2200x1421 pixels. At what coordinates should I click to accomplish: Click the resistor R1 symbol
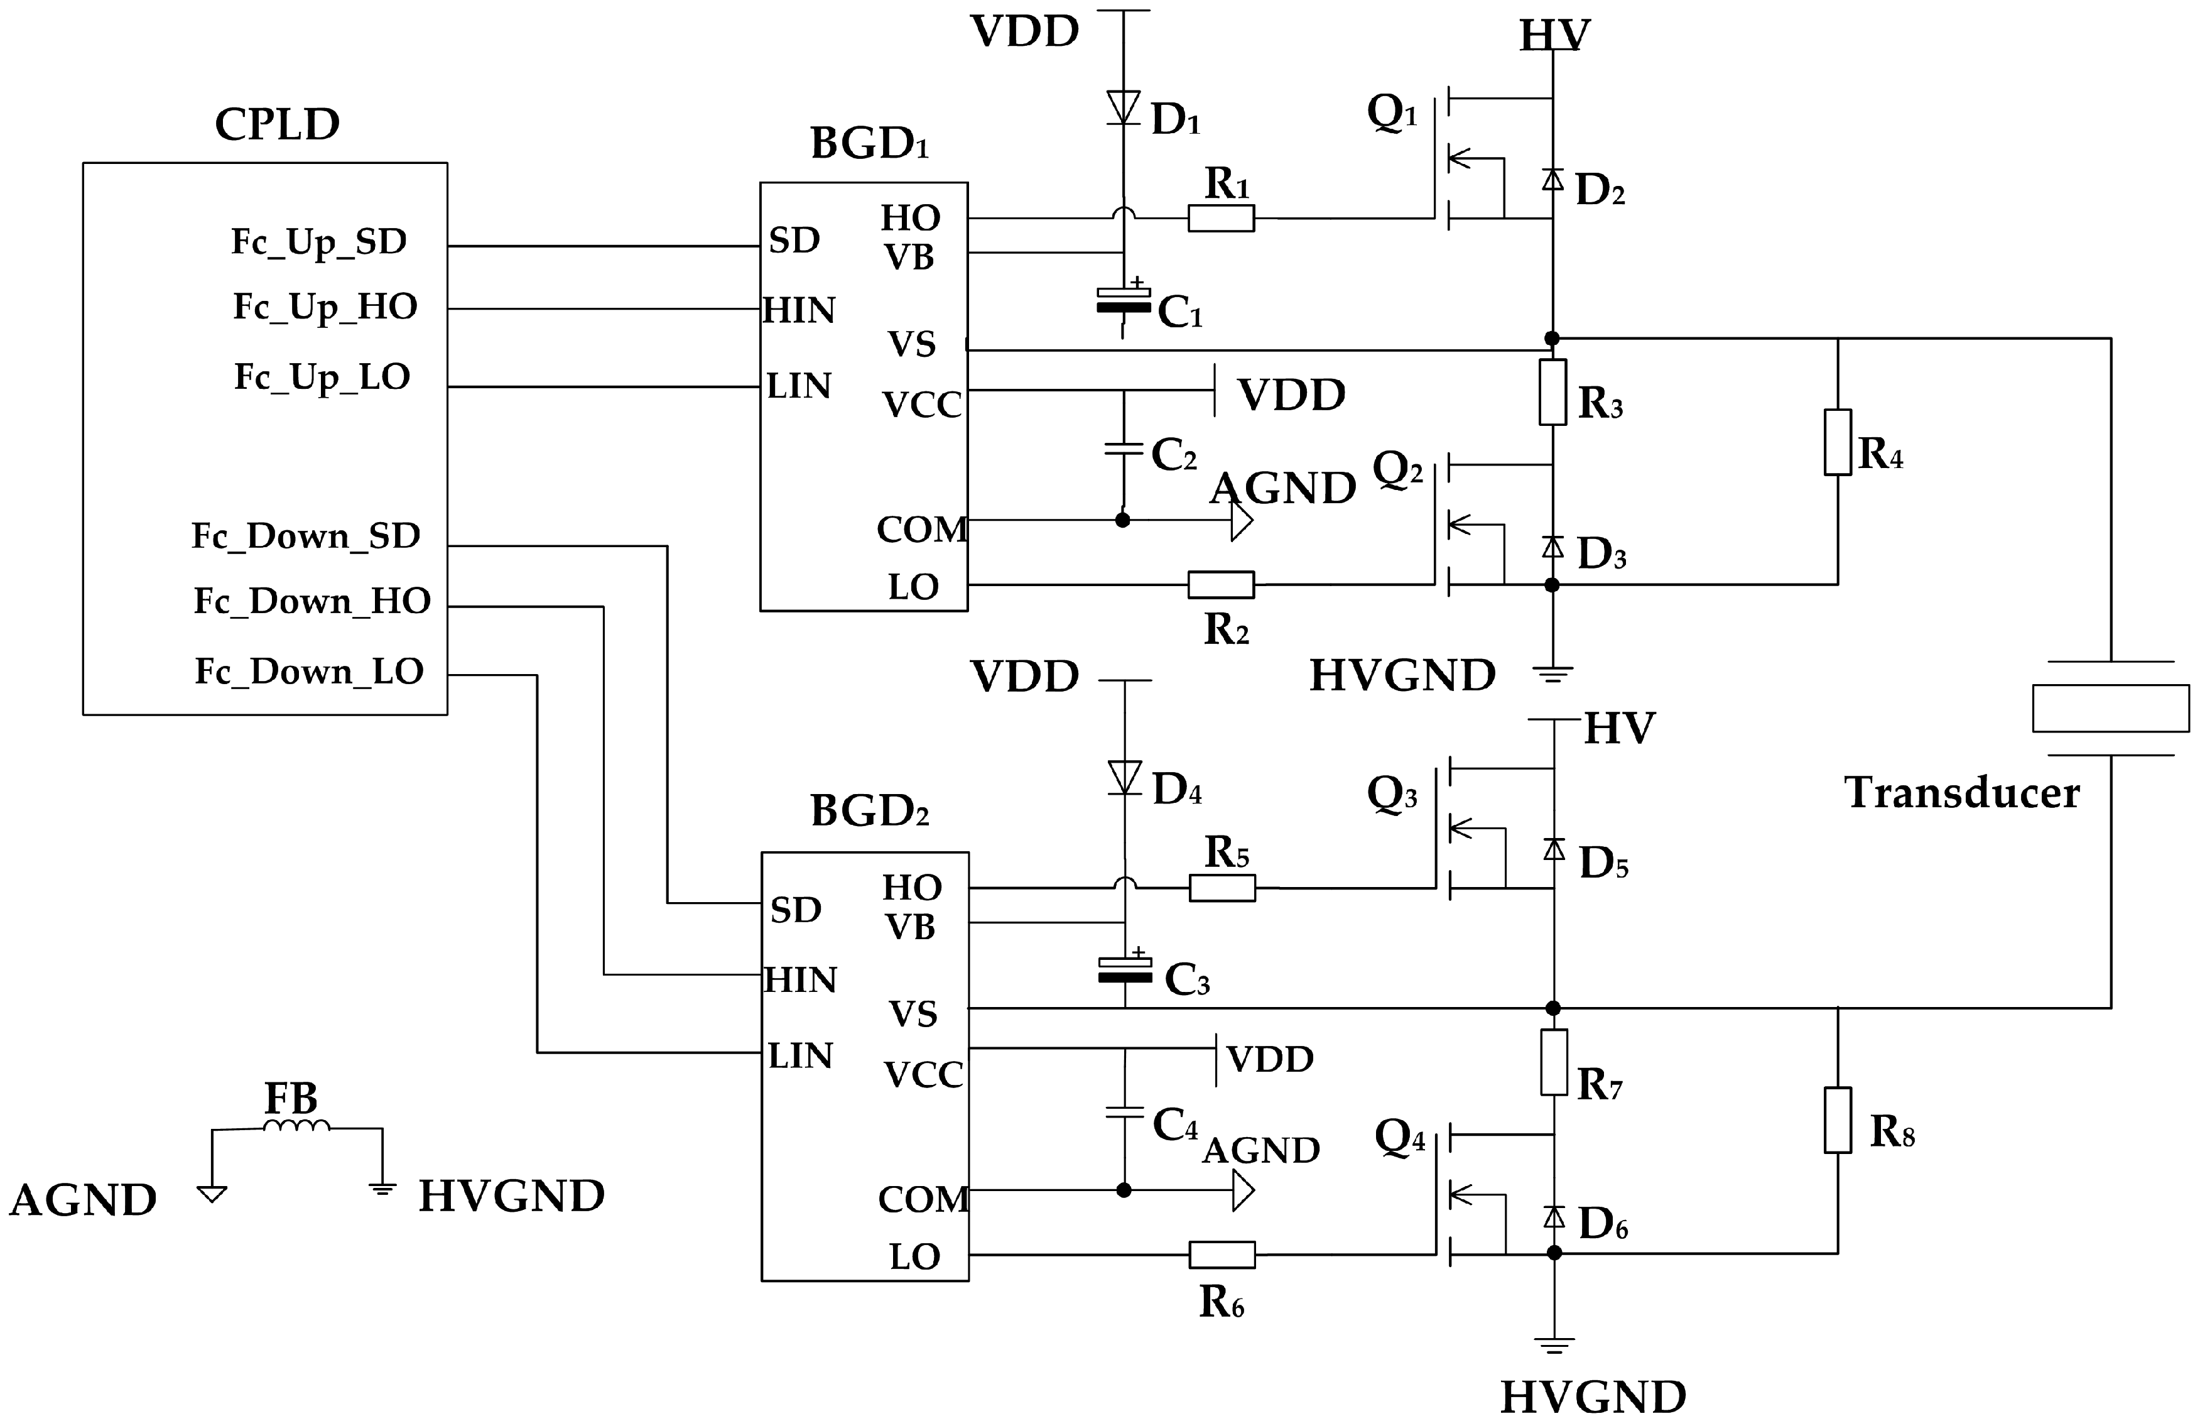point(1220,219)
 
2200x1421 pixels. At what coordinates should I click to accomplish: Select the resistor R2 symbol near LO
point(1220,585)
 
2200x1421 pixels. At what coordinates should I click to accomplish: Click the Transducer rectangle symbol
point(2111,708)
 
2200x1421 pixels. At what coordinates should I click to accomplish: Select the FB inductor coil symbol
point(296,1126)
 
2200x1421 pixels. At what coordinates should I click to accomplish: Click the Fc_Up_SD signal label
point(318,242)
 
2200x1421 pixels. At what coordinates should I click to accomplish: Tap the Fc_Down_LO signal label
point(309,672)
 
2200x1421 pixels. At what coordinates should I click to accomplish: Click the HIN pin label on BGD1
point(799,310)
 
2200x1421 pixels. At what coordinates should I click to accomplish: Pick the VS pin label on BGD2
point(913,1014)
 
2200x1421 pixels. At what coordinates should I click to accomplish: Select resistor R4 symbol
point(1838,442)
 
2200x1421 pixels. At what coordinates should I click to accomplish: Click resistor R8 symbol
point(1838,1120)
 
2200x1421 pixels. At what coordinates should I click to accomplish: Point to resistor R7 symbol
point(1554,1062)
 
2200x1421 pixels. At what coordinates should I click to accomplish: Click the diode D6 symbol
point(1554,1217)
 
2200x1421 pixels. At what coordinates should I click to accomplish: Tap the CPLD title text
point(277,124)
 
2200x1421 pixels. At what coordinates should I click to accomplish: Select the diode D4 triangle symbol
point(1124,777)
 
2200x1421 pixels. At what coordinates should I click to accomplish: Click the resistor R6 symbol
point(1222,1255)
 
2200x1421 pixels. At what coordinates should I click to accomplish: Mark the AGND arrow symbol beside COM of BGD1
point(1242,521)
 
